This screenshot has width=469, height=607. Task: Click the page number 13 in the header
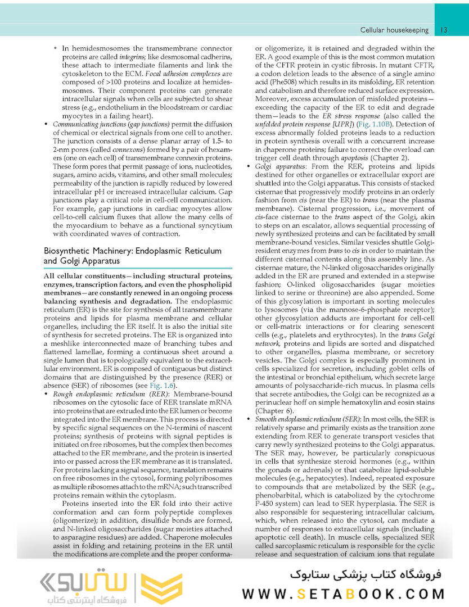pyautogui.click(x=444, y=30)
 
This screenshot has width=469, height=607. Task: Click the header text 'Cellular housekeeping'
pyautogui.click(x=394, y=30)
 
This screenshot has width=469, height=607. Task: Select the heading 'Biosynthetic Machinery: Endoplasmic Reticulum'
pyautogui.click(x=133, y=251)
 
